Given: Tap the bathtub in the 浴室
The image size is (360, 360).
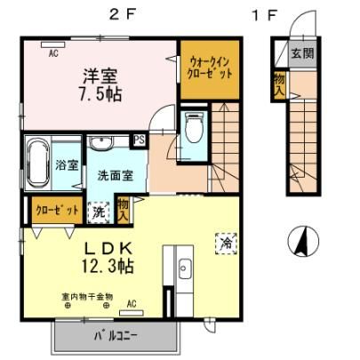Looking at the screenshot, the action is [38, 163].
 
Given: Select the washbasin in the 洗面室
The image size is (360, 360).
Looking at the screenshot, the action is [101, 143].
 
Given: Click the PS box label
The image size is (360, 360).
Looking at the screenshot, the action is [140, 140].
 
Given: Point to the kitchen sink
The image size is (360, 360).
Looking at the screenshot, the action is [185, 268].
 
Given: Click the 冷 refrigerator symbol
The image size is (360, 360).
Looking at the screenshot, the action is [227, 244].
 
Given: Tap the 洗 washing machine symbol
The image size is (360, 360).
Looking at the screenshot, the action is [99, 212].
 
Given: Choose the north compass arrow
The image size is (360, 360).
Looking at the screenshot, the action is [303, 241].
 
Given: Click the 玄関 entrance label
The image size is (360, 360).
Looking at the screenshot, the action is [302, 53].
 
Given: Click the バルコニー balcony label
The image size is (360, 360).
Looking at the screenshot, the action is [116, 336].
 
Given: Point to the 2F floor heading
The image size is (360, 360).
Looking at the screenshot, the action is [122, 15].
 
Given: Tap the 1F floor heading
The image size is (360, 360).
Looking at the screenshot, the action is [265, 15].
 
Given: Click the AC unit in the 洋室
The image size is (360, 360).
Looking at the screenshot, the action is [53, 44].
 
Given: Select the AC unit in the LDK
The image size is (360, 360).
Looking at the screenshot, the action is [132, 313].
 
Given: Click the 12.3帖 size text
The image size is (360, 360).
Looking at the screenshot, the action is [108, 266].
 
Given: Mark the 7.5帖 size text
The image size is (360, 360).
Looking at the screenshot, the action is [100, 94].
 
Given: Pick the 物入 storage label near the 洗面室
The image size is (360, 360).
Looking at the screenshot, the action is [123, 211].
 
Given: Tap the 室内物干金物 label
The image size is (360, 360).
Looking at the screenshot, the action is [87, 296].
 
